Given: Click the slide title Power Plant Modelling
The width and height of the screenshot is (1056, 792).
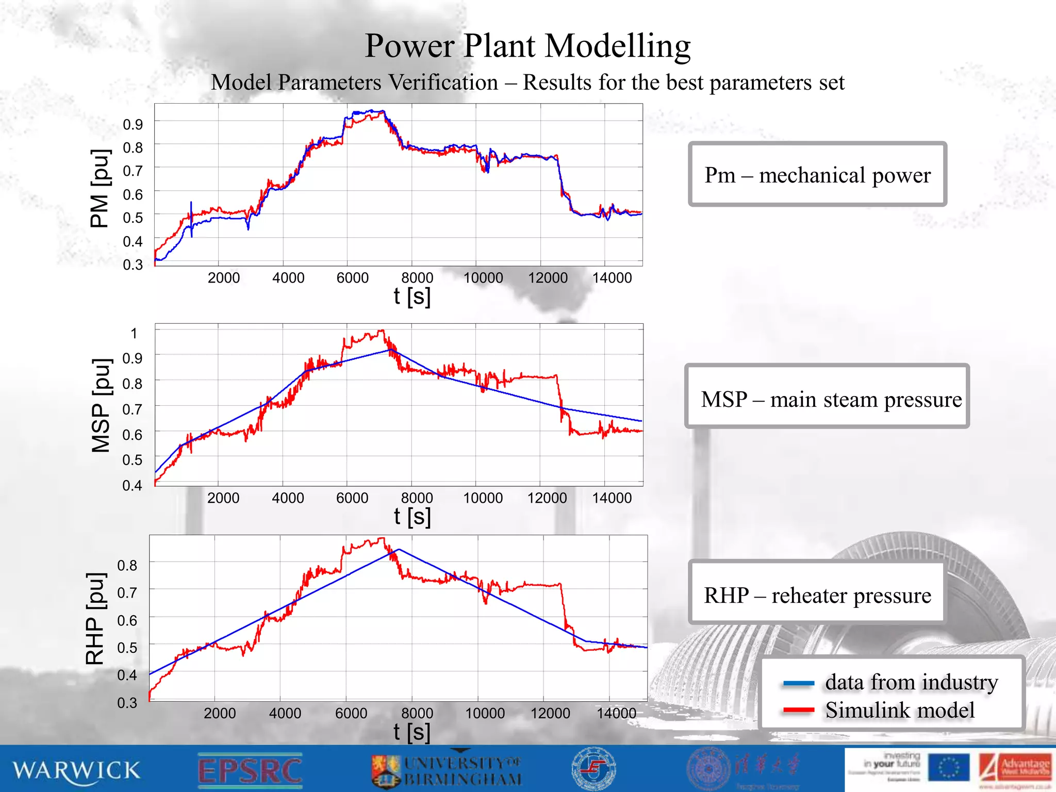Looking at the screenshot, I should point(527,46).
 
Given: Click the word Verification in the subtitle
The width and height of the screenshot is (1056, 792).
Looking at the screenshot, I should point(443,82).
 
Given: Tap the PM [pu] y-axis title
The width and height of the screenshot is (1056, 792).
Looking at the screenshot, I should point(100,188).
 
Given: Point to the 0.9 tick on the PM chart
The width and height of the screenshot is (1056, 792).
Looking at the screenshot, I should point(133,124).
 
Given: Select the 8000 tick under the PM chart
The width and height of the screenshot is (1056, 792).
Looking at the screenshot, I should point(417,278).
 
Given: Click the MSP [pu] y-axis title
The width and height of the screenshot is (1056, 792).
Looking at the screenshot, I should point(101,405).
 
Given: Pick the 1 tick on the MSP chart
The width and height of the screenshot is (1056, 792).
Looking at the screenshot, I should point(134,334).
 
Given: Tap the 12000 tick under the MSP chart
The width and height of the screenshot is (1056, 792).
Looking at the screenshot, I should point(547,498).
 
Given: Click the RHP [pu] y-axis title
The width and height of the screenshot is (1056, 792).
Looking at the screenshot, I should point(96,618).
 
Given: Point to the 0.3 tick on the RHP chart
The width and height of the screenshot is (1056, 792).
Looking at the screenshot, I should point(127,703).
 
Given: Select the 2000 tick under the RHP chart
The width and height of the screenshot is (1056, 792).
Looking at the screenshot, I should point(220,714).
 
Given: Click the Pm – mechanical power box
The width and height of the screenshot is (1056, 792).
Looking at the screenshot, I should point(817,175).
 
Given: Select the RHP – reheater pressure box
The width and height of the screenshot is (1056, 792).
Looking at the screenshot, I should point(817,595).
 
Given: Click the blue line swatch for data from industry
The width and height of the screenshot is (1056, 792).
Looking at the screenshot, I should point(798,684).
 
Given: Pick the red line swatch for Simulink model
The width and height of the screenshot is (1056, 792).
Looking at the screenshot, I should point(798,711).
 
